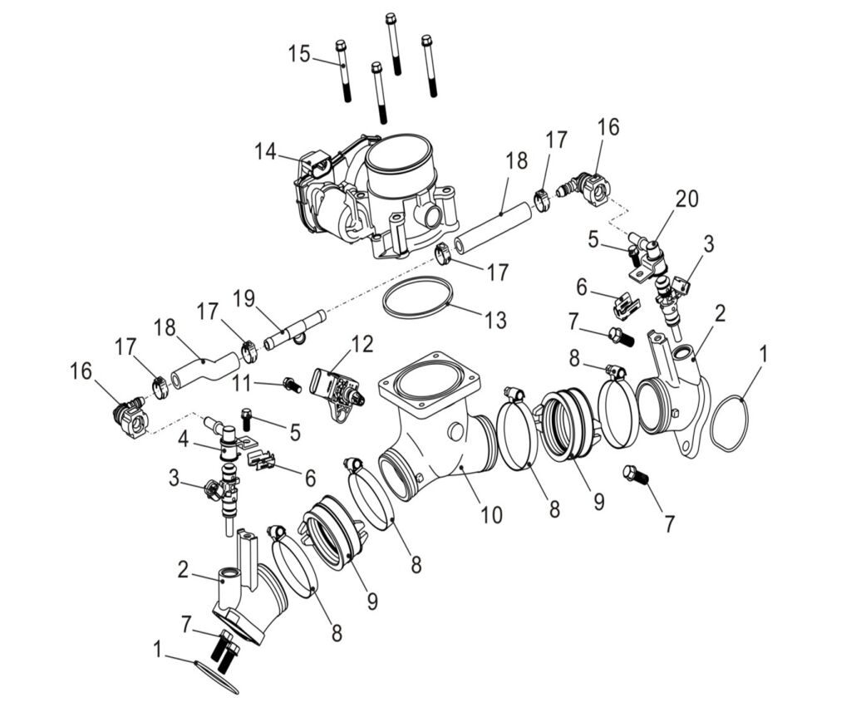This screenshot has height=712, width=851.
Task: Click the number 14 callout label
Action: point(265,151)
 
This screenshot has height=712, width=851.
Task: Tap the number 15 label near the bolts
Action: point(299,55)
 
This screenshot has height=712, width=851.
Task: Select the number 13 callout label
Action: point(495,318)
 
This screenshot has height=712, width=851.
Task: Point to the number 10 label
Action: point(491,515)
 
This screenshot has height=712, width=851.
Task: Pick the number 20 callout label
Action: point(686,199)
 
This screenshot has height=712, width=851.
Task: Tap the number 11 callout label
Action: point(241,383)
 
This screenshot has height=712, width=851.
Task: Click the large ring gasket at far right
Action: point(730,425)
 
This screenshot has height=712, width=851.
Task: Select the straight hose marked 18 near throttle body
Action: point(493,228)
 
